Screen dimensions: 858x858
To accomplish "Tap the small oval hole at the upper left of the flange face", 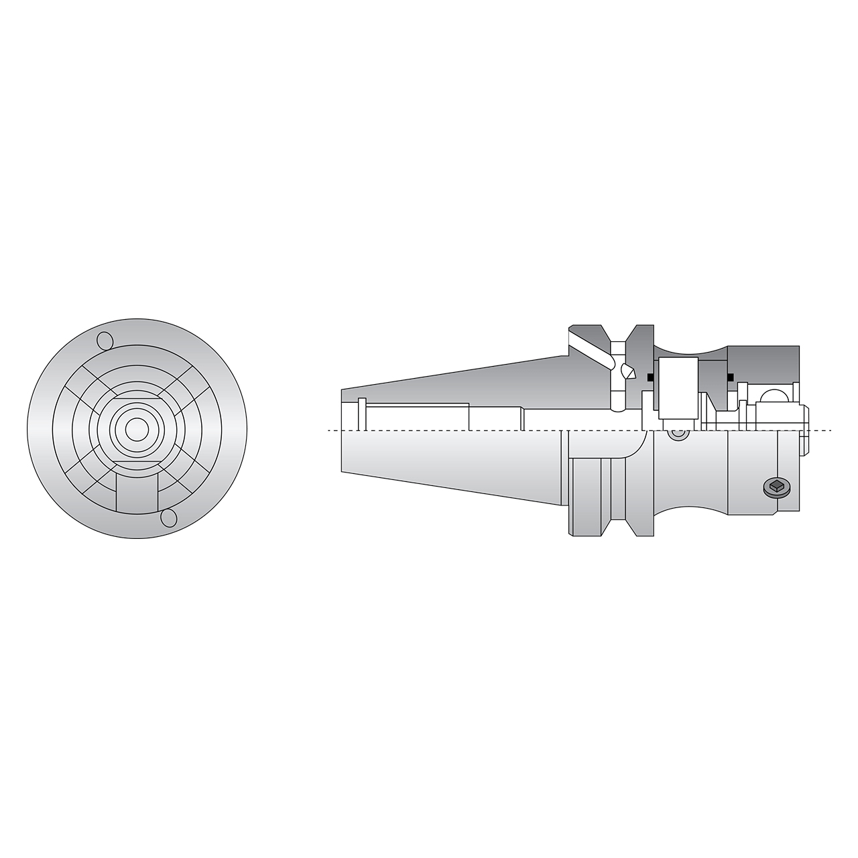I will click(x=105, y=341).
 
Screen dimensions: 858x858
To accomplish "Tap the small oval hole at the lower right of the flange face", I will click(x=169, y=518).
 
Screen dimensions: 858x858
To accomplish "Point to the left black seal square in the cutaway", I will click(x=650, y=377).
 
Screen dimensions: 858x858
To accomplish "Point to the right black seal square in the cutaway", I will click(x=730, y=376).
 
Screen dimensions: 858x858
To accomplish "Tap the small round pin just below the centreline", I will click(x=678, y=435).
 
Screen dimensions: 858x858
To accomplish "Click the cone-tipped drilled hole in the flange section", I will click(x=628, y=371).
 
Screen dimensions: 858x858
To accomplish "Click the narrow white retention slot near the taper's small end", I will click(x=362, y=414).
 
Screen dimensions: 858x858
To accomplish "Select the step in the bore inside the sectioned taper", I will click(x=469, y=416).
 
